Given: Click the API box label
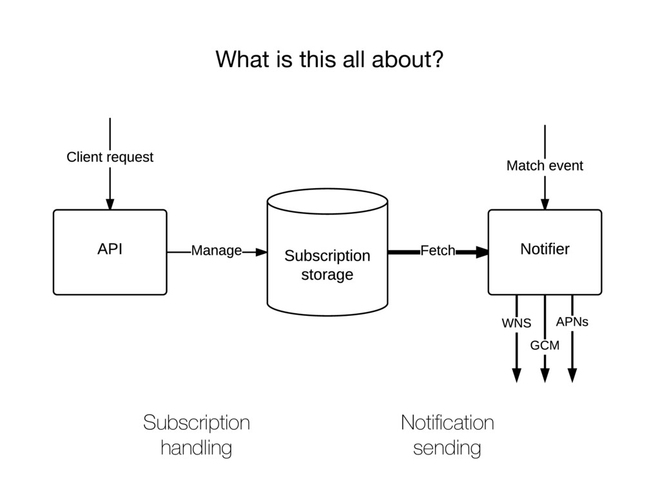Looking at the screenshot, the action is (x=110, y=249).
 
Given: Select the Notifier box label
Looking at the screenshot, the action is (x=545, y=249).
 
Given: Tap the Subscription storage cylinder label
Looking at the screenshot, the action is (x=327, y=265).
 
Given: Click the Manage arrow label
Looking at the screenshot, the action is (x=217, y=251).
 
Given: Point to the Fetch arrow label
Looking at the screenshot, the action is (x=438, y=251).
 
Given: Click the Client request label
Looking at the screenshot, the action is (x=110, y=157).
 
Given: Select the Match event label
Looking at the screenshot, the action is (x=545, y=166).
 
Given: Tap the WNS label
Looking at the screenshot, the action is (x=516, y=324).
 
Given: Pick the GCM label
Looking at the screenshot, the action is (x=545, y=345).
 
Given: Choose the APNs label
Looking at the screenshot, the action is (x=572, y=322).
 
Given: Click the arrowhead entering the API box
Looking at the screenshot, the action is (x=110, y=204).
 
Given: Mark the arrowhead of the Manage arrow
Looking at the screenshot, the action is (x=262, y=252).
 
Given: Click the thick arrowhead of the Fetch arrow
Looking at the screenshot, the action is (x=482, y=252).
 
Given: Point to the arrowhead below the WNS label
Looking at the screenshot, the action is (x=516, y=375).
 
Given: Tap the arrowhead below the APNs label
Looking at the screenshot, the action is (x=572, y=375).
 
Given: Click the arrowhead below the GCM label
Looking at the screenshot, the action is (x=545, y=375).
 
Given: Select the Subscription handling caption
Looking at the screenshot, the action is (x=197, y=435).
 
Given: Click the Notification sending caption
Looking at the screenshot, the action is (x=447, y=435).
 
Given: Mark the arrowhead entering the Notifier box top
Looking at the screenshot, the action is (x=545, y=204).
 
